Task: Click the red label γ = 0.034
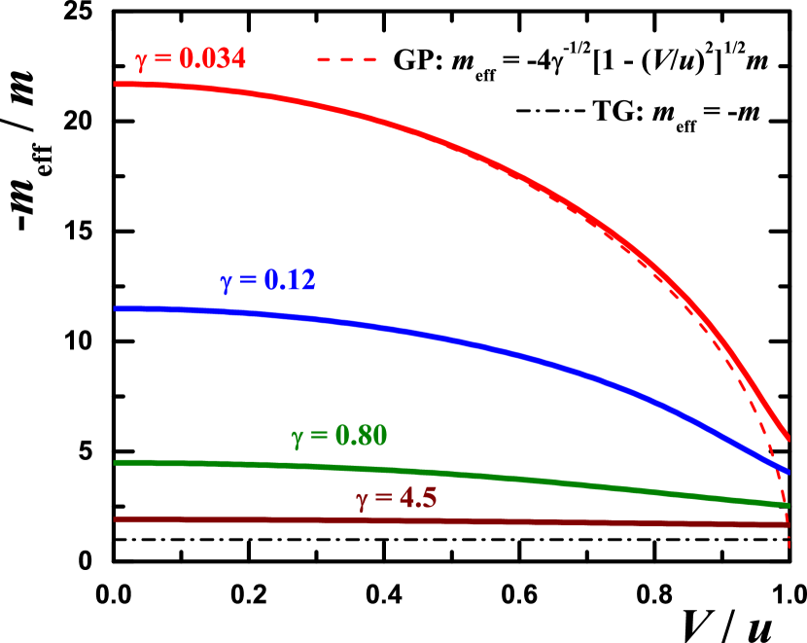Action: coord(191,59)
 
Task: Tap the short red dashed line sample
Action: coord(346,60)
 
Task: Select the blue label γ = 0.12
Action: coord(267,281)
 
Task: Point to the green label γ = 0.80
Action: coord(339,436)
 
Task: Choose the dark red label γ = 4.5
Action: coord(396,499)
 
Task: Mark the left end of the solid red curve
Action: coord(116,84)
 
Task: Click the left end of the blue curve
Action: coord(116,308)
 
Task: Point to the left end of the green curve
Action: coord(116,462)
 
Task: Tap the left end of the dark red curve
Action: coord(116,519)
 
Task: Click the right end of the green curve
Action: coord(788,505)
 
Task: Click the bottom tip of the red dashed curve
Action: coord(789,548)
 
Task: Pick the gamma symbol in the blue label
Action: coord(226,283)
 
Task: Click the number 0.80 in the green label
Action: coord(361,436)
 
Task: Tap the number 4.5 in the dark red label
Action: coord(417,499)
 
